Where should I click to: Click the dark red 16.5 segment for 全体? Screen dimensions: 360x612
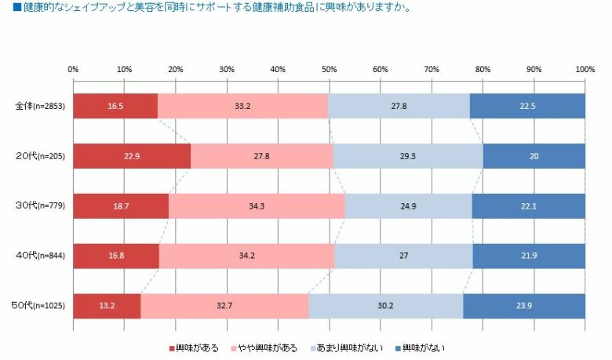pyautogui.click(x=115, y=106)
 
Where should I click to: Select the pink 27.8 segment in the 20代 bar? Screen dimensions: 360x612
pyautogui.click(x=261, y=156)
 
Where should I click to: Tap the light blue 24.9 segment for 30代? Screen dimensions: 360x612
pyautogui.click(x=408, y=205)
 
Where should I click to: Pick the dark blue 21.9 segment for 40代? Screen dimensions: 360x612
pyautogui.click(x=529, y=256)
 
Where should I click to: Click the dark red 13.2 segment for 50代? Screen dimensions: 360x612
pyautogui.click(x=107, y=306)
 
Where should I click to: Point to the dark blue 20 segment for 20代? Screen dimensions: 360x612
pyautogui.click(x=534, y=156)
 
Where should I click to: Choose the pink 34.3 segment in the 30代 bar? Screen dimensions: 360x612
pyautogui.click(x=256, y=205)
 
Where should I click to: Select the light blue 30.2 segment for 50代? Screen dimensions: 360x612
pyautogui.click(x=386, y=306)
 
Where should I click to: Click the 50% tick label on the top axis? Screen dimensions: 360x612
pyautogui.click(x=329, y=70)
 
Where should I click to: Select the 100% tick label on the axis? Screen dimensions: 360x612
pyautogui.click(x=584, y=70)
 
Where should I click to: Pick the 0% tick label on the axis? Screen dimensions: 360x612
pyautogui.click(x=73, y=70)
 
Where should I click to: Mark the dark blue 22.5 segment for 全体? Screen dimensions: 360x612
pyautogui.click(x=527, y=106)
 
